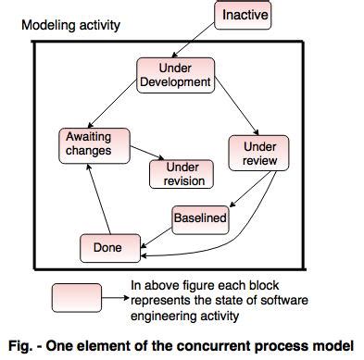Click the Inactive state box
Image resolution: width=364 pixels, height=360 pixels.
pos(245,15)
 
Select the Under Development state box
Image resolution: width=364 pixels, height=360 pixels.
pos(175,75)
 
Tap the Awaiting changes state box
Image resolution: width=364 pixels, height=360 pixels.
pos(88,143)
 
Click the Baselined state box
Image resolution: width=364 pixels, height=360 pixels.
pos(199,219)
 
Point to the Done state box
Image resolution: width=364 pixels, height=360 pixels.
pos(107,247)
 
